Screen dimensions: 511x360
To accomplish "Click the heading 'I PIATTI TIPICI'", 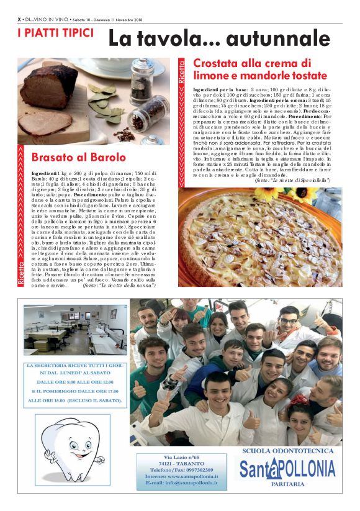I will click(55, 32).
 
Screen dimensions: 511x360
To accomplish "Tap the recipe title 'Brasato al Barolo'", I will click(78, 157).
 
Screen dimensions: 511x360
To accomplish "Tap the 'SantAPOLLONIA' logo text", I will click(287, 469).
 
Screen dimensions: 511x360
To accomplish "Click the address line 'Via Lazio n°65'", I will click(181, 457).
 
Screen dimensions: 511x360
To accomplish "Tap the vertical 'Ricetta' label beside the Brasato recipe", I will click(22, 272).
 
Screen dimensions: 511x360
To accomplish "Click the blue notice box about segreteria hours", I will click(74, 382).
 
